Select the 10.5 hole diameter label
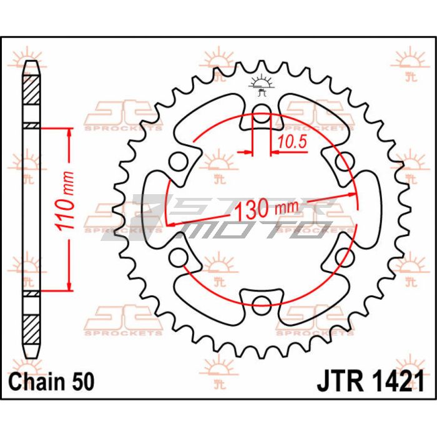coord(292,141)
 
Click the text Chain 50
coord(52,381)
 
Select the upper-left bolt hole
coord(179,161)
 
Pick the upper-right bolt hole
coord(345,161)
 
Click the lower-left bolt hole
coord(179,257)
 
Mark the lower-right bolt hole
coord(345,257)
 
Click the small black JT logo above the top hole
coord(262,85)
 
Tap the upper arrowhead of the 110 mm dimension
coord(69,133)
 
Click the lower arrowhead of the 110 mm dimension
coord(69,286)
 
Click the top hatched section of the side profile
coord(31,90)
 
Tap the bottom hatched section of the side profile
coord(31,330)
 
